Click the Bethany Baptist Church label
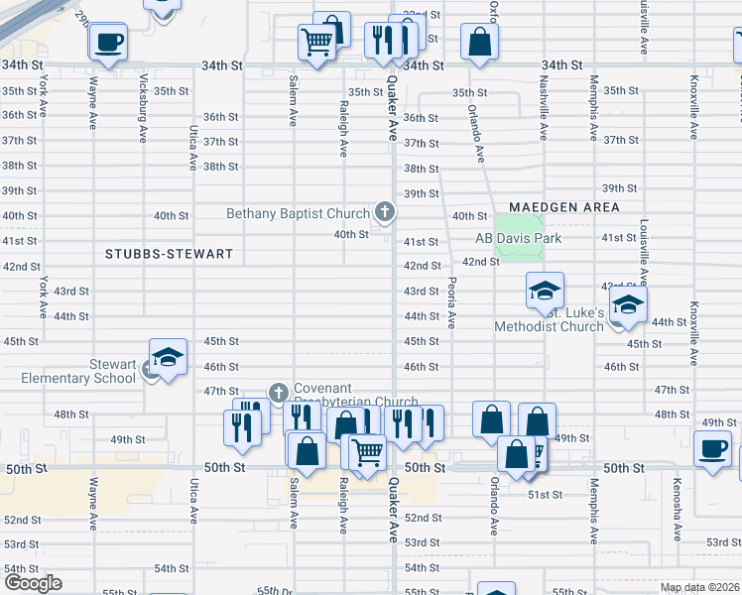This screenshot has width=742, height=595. pyautogui.click(x=298, y=213)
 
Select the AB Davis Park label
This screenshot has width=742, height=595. pyautogui.click(x=518, y=238)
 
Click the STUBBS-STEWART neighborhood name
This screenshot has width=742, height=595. pyautogui.click(x=169, y=254)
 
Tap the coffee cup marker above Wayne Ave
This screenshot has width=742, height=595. pyautogui.click(x=107, y=42)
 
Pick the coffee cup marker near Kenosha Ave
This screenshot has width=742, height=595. pyautogui.click(x=712, y=449)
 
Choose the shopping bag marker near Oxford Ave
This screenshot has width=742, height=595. pyautogui.click(x=479, y=43)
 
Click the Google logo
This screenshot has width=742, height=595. pyautogui.click(x=33, y=582)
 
